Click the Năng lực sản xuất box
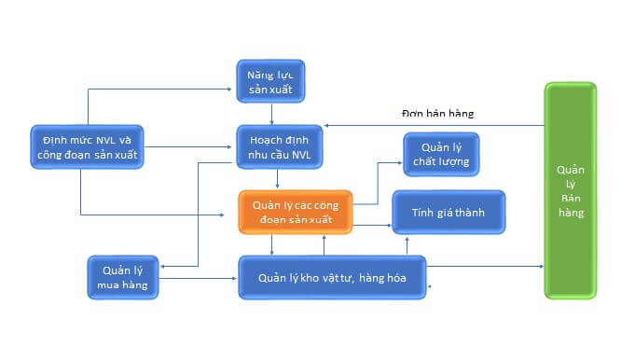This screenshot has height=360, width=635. pos(269,81)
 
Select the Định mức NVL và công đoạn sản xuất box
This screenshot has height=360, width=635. pos(87,146)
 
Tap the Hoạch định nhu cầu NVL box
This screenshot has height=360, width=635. pos(276,146)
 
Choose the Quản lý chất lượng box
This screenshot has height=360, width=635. pos(442,154)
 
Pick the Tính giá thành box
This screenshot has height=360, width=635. pos(449,213)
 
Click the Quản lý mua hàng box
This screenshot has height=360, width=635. pos(122,277)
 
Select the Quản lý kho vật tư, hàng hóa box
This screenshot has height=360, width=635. pos(332,277)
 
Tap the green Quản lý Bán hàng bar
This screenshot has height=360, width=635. pos(570,190)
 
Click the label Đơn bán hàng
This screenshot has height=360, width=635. pos(437,114)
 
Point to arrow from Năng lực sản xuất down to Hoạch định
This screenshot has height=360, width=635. pos(271,113)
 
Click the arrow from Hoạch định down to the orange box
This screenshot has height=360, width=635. pos(277,180)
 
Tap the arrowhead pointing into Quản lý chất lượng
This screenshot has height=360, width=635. pos(400,162)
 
